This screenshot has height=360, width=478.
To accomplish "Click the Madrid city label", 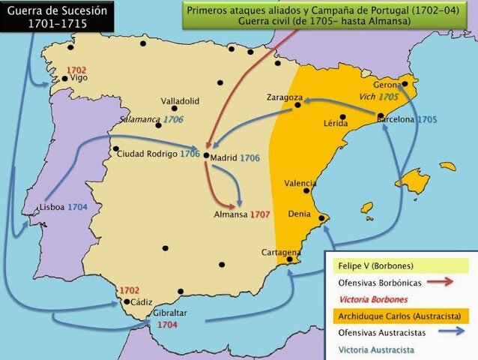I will (x=223, y=158).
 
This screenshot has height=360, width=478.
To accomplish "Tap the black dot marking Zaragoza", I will (x=297, y=106).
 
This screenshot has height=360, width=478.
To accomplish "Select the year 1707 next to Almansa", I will (x=260, y=214).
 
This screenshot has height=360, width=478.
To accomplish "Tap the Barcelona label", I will (x=396, y=119).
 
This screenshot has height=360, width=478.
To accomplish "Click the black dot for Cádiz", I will (x=127, y=302).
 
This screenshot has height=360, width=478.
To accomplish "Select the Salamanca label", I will (x=139, y=120).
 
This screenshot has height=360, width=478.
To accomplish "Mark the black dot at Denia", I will (x=321, y=218).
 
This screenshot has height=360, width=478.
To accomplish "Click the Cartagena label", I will (x=281, y=252).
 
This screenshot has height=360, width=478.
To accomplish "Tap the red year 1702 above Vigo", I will (x=76, y=70).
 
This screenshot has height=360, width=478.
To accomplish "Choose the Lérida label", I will (x=335, y=124).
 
